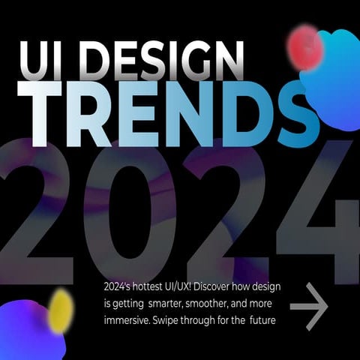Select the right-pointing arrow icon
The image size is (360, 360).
coord(309,306)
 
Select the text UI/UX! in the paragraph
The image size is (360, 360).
coord(184,288)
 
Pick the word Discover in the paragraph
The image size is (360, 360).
coord(223,288)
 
